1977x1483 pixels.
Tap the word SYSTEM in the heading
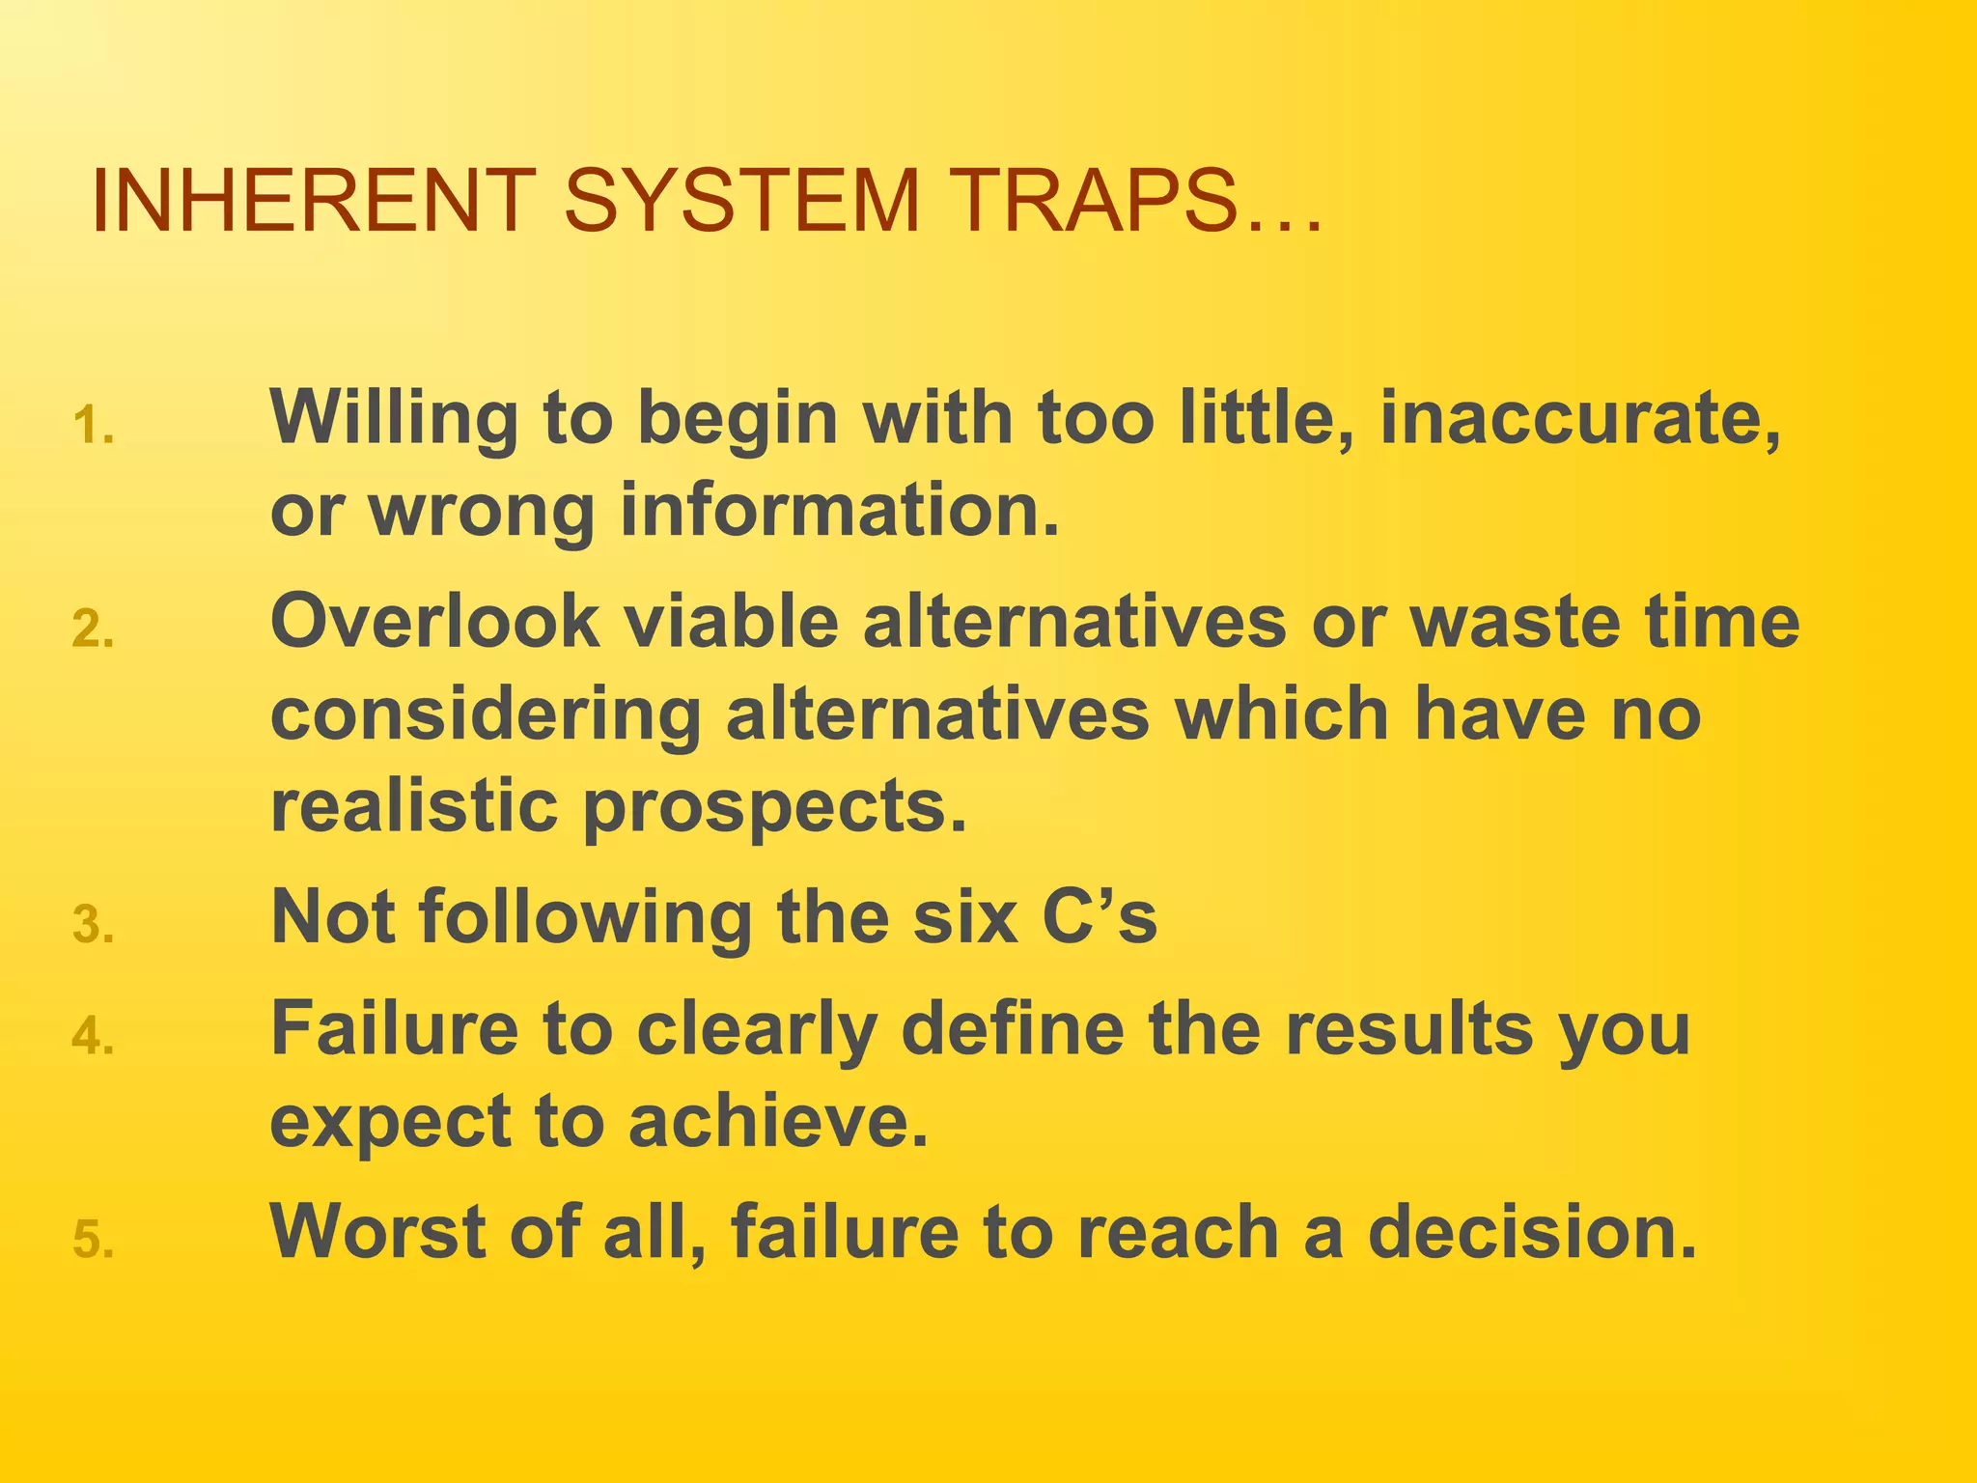[x=742, y=201]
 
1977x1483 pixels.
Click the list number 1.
[x=93, y=427]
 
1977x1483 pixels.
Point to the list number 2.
[x=93, y=631]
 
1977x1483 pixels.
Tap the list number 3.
[x=93, y=926]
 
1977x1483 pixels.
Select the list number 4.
[x=93, y=1038]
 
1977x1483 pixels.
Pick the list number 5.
[x=93, y=1241]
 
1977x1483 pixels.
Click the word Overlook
[x=434, y=622]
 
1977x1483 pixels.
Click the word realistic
[x=414, y=806]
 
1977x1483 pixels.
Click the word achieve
[x=778, y=1122]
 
